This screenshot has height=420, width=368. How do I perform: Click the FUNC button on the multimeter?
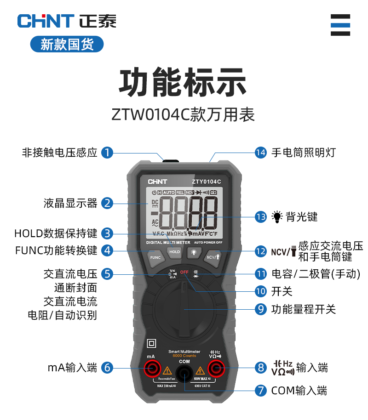[x=155, y=257]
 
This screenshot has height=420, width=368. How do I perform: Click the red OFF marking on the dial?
[x=184, y=272]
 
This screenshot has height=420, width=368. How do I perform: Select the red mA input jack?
[x=151, y=368]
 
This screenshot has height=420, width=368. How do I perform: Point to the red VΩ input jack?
[x=215, y=368]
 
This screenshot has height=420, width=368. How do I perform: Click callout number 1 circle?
[x=107, y=152]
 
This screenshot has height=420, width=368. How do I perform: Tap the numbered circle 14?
[x=261, y=152]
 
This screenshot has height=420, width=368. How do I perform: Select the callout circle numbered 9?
[x=261, y=309]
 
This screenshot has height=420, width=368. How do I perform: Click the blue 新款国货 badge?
[x=67, y=44]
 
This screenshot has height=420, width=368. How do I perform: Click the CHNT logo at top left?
[x=46, y=21]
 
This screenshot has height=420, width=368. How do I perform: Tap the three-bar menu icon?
[x=340, y=25]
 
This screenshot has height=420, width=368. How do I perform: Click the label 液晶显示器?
[x=71, y=203]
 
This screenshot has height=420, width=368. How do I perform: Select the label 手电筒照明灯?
[x=304, y=152]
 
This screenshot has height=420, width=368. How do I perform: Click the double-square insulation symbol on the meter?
[x=151, y=344]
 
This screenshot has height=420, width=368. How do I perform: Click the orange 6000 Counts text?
[x=184, y=355]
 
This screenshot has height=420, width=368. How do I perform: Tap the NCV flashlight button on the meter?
[x=213, y=256]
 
